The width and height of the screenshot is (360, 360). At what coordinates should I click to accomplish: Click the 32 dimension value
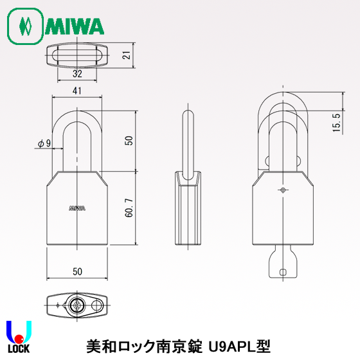point(76,74)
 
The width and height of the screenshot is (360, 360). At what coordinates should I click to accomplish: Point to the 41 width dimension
point(76,92)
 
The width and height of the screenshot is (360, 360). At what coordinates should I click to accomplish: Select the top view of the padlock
point(76,55)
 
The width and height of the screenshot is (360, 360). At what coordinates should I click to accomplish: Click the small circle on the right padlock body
point(283,190)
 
